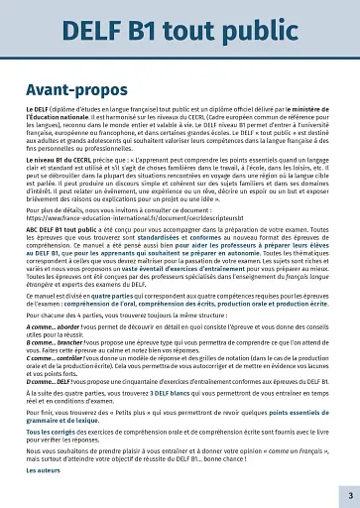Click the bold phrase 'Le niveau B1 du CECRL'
[61, 157]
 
